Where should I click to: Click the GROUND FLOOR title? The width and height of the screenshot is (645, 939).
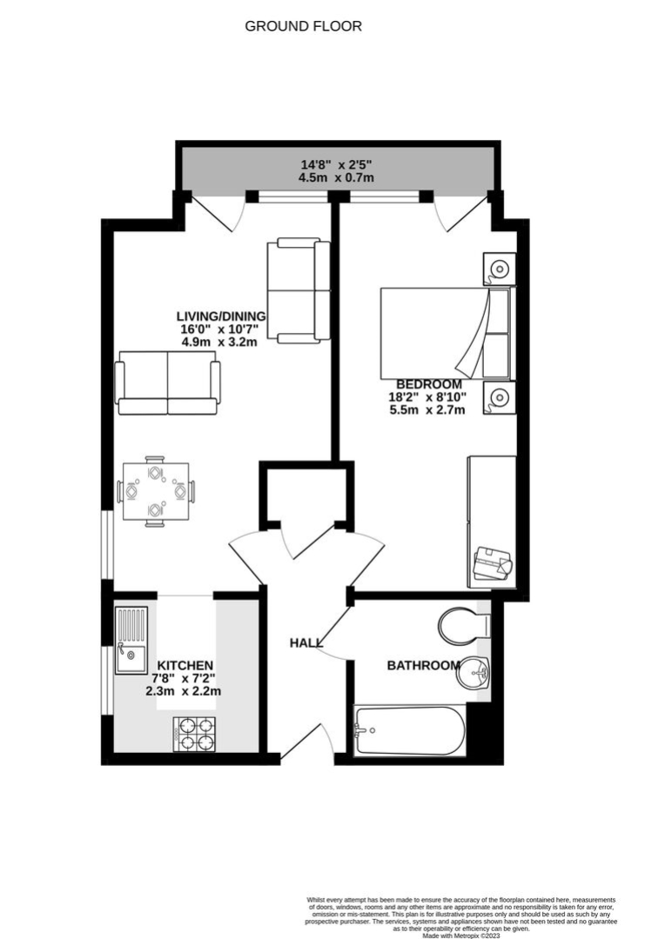(x=303, y=26)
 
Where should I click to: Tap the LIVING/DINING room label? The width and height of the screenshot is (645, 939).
(x=220, y=316)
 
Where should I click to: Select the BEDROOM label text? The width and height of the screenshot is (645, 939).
(x=429, y=384)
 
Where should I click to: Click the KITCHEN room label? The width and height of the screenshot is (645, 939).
(x=185, y=665)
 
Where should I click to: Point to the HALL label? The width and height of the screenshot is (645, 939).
(x=306, y=643)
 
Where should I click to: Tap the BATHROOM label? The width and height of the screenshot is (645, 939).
(x=423, y=665)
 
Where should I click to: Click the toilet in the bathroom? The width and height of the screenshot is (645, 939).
(x=465, y=626)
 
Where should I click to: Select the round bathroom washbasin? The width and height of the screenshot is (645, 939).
(x=474, y=673)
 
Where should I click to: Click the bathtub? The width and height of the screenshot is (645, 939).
(x=409, y=730)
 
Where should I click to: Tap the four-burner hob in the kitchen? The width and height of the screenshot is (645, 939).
(x=194, y=734)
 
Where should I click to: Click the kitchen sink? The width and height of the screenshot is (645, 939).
(x=131, y=640)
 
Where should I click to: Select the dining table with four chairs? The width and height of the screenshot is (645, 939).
(x=156, y=491)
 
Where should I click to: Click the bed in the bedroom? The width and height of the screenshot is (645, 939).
(x=447, y=334)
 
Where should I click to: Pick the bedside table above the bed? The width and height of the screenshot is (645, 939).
(x=500, y=269)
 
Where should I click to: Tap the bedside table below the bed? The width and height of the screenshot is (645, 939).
(x=500, y=397)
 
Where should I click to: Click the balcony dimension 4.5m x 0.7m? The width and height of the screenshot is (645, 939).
(x=336, y=178)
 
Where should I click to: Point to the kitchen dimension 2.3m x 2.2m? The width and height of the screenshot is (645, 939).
(x=184, y=691)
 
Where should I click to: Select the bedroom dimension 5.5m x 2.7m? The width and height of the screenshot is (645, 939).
(x=427, y=410)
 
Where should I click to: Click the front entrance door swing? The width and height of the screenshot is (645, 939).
(x=306, y=743)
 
